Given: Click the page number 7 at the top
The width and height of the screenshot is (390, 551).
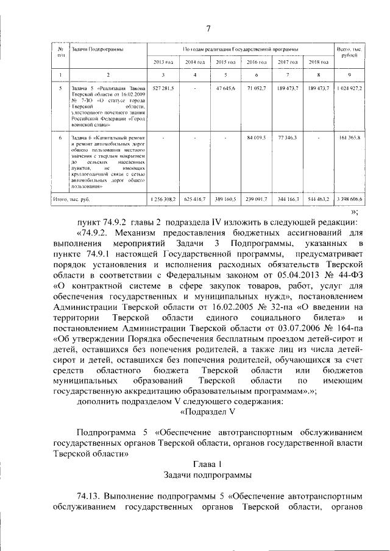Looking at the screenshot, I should click(208, 29).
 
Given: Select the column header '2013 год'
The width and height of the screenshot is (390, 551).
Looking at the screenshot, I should click(163, 62).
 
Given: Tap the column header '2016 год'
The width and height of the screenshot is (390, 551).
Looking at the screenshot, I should click(257, 62).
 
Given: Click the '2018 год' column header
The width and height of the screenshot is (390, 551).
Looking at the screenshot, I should click(319, 62).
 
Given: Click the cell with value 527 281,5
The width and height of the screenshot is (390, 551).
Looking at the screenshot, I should click(163, 88).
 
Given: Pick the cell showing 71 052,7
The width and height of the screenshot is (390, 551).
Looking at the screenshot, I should click(257, 88).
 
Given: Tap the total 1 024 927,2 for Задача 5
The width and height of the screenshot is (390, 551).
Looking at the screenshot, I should click(349, 88).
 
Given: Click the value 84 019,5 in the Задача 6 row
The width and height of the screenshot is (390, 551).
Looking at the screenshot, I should click(257, 138).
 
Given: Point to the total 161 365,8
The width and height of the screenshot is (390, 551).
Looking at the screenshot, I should click(349, 138).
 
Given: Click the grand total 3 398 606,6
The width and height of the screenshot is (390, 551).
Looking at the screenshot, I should click(349, 199).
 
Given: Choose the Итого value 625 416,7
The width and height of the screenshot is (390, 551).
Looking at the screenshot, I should click(194, 199).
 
